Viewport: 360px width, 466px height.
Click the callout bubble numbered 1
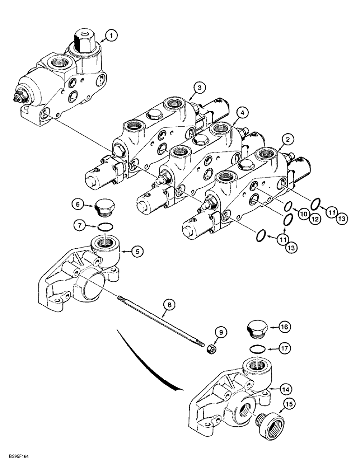coord(111,35)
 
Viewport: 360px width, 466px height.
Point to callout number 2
coord(289,138)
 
